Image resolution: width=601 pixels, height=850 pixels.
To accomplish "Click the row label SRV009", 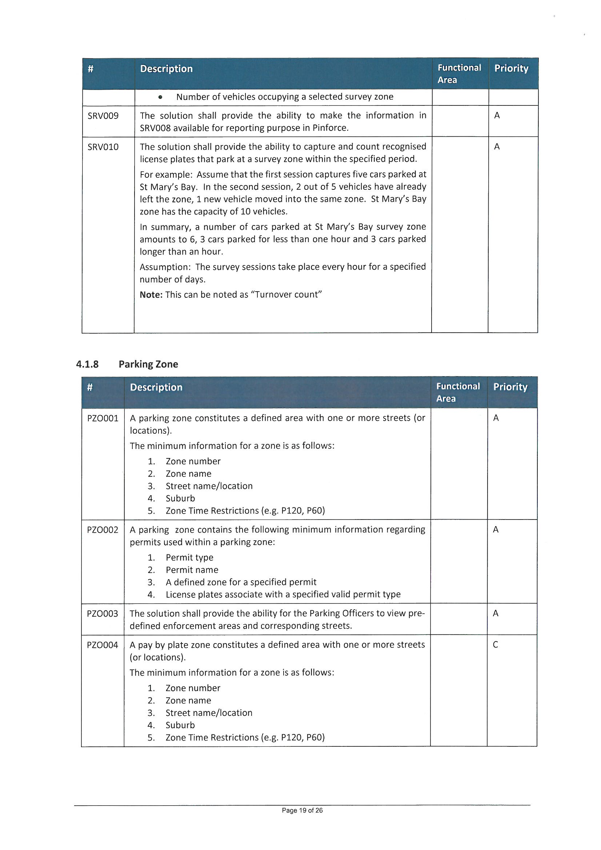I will (x=103, y=116).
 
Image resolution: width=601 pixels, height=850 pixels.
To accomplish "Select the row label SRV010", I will (x=103, y=147).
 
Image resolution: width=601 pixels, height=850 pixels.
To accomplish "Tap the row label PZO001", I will (x=103, y=418).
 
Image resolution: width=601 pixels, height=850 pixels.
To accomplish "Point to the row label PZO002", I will (x=103, y=530).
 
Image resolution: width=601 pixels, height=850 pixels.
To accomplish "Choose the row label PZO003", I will (x=103, y=613).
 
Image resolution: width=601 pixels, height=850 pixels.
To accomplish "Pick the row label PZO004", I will (x=103, y=645).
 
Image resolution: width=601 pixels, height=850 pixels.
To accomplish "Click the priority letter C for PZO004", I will (x=496, y=645).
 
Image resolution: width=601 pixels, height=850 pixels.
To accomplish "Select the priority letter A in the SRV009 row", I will (x=497, y=116).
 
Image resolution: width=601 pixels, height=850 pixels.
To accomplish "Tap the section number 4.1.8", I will (x=87, y=364).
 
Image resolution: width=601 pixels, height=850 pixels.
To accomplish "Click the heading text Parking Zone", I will (x=148, y=364).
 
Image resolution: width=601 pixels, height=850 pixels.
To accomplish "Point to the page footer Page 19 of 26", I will (x=302, y=810).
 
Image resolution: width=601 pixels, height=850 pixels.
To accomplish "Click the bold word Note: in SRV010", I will (x=151, y=295).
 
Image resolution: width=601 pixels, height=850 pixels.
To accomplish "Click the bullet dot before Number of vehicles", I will (x=160, y=97).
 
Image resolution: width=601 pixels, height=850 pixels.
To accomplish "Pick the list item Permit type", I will (x=189, y=558).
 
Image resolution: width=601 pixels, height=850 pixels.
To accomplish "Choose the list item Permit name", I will (x=192, y=570).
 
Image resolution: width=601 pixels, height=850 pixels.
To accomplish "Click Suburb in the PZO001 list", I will (x=180, y=498).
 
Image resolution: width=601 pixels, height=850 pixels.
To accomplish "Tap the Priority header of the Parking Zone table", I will (x=510, y=387).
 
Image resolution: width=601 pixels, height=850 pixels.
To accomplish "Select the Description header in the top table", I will (x=166, y=69).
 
